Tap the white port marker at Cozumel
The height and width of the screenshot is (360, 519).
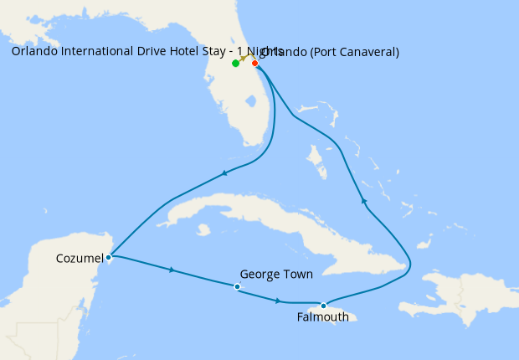(x=110, y=257)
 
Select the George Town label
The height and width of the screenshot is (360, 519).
(x=276, y=274)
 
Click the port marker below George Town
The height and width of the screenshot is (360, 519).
(x=238, y=287)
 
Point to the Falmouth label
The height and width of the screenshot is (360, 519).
(x=322, y=317)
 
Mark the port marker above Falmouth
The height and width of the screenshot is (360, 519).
(x=323, y=306)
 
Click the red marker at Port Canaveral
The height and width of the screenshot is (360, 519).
(x=255, y=63)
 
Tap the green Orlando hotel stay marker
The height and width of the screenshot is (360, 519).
(x=235, y=64)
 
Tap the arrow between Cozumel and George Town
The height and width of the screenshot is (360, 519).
(x=172, y=270)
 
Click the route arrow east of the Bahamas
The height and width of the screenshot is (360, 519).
(x=362, y=200)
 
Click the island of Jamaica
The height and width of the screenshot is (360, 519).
(x=342, y=311)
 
